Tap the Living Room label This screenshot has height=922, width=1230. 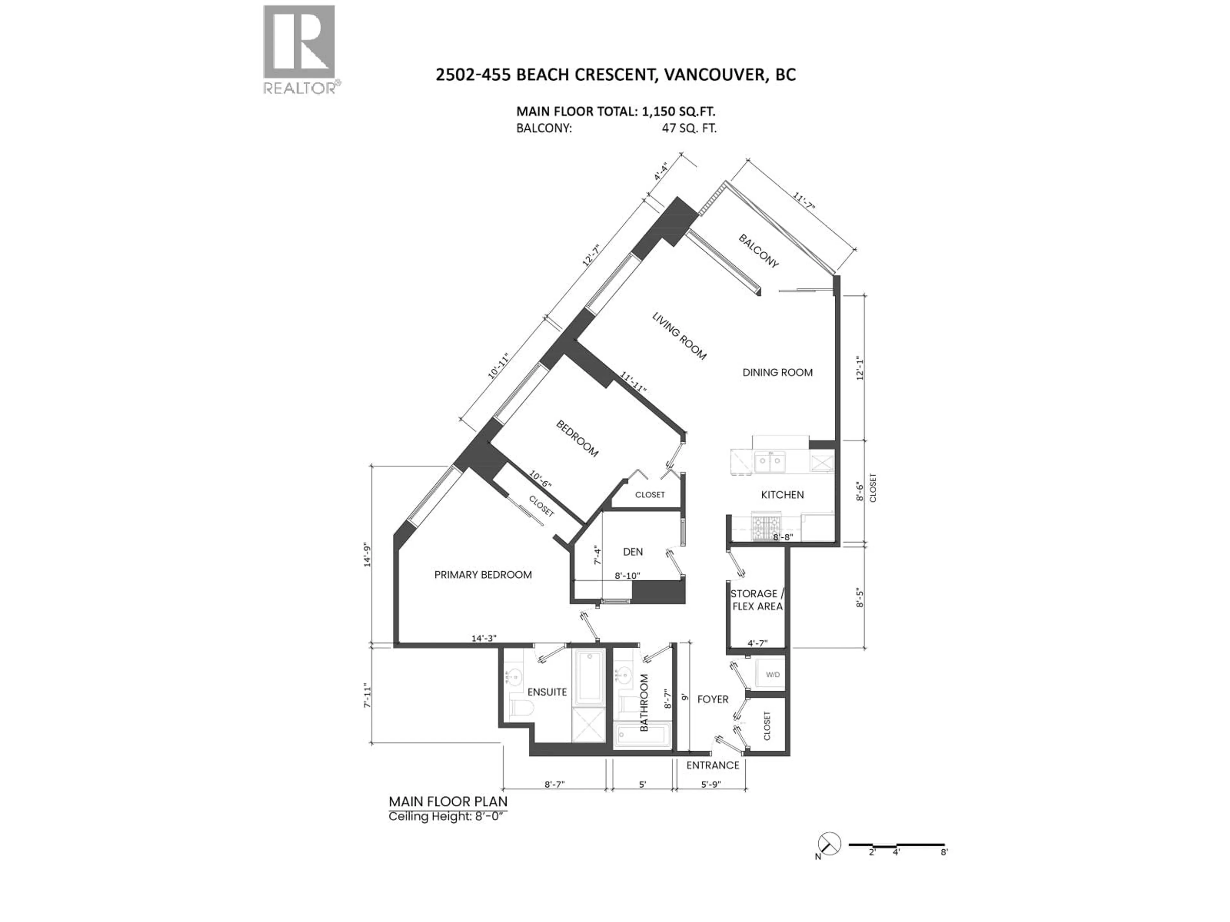point(679,336)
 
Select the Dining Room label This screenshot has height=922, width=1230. point(777,372)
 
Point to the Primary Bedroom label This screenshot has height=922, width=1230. point(483,575)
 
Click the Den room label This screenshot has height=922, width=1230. point(633,552)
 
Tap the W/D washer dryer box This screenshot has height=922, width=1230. point(772,675)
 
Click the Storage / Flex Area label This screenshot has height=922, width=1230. point(757,600)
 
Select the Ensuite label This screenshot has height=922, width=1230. point(547,692)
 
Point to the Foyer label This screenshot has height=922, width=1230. point(712,699)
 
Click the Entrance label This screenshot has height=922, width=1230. point(712,765)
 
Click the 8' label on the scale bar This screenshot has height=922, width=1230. point(944,852)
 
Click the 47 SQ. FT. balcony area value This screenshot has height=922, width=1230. point(688,128)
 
